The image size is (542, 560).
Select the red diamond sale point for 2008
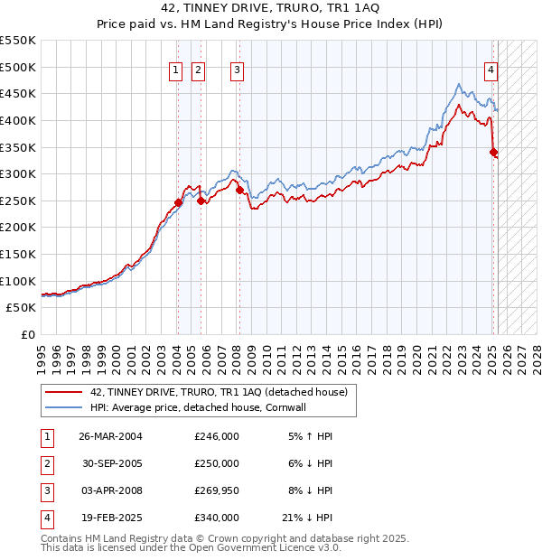tap(239, 191)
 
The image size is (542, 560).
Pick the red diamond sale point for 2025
tap(493, 153)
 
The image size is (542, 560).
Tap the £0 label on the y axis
tap(29, 335)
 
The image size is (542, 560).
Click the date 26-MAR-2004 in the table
tap(110, 436)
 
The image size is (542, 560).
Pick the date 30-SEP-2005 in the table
tap(110, 463)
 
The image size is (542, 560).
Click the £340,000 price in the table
tap(217, 518)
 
